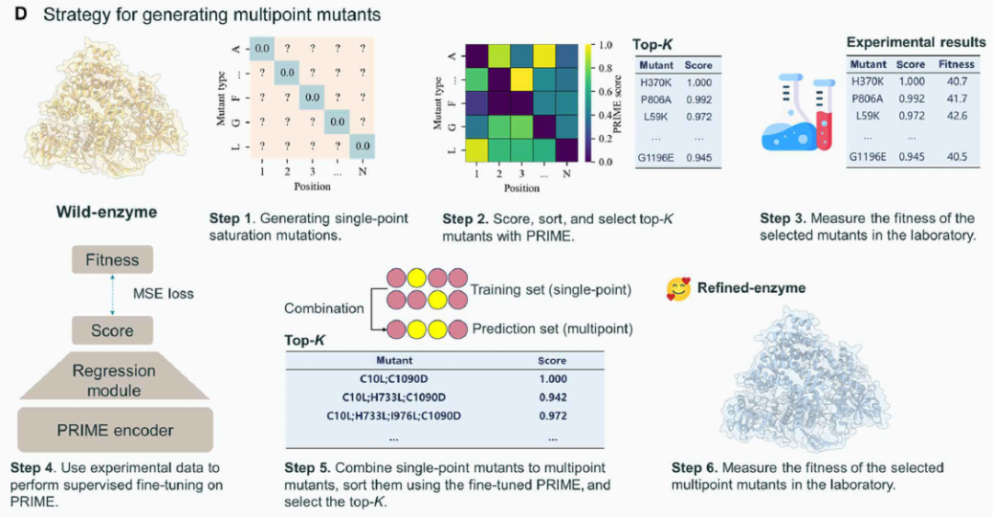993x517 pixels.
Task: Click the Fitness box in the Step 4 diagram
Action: coord(112,260)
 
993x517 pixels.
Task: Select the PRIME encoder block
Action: coord(115,431)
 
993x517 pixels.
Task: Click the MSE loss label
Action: coord(163,294)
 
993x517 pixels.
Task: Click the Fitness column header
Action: coord(956,64)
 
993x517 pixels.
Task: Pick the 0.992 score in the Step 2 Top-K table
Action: coord(699,99)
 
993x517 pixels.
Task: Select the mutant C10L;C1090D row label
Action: coord(394,379)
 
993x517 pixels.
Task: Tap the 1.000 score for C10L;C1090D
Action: coord(553,379)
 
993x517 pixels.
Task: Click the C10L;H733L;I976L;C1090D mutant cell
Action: coord(394,416)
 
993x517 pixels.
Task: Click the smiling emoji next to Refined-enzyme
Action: coord(679,289)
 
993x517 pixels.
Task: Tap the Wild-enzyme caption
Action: coord(107,211)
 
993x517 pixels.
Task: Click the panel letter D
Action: coord(21,14)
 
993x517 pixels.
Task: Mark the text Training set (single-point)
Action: coord(551,289)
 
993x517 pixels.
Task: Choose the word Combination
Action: coord(324,309)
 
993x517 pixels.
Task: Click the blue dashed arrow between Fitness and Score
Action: coord(112,295)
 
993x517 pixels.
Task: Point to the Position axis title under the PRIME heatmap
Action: coord(522,188)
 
